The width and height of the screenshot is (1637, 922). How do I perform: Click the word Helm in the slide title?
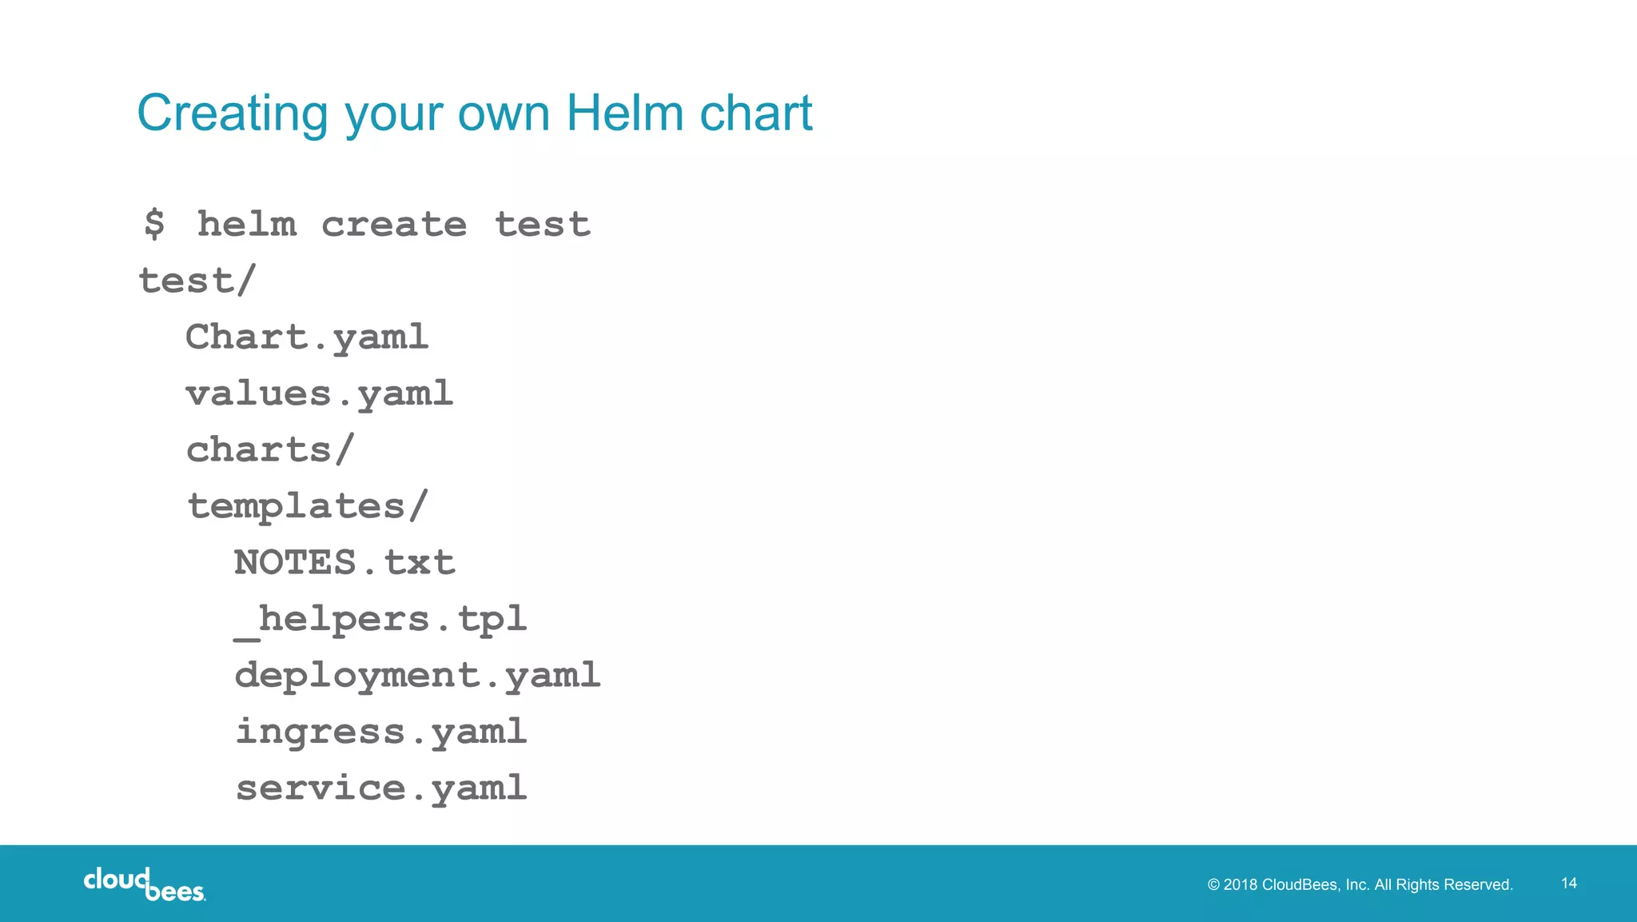point(624,113)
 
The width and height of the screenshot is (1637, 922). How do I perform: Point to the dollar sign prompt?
point(154,224)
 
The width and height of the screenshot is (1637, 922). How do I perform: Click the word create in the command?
point(394,224)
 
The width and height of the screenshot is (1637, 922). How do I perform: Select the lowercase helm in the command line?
point(247,224)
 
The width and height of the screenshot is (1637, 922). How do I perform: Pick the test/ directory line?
point(197,281)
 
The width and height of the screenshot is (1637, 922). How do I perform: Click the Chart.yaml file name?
point(307,337)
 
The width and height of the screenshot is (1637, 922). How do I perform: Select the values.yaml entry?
point(319,393)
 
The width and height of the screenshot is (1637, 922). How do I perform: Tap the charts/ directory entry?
point(269,449)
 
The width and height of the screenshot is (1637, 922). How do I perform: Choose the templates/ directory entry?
point(308,506)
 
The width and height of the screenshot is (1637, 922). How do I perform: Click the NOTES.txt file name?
point(345,562)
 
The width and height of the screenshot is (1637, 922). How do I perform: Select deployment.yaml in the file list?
point(417,676)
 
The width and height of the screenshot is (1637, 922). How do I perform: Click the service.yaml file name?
point(381,788)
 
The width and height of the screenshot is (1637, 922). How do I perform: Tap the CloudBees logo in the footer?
point(144,884)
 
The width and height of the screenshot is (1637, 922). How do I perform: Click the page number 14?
point(1569,883)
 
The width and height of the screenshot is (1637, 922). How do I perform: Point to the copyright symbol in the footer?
point(1213,884)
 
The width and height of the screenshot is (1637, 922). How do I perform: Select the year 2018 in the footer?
point(1241,884)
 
